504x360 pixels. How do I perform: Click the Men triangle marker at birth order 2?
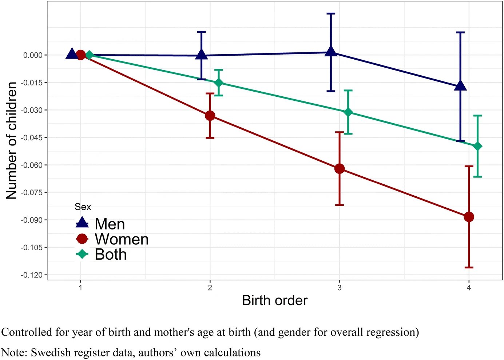tap(201, 55)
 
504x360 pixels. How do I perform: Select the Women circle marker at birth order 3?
tap(340, 169)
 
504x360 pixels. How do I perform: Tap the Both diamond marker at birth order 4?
tap(477, 146)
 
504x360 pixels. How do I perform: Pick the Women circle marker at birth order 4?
tap(469, 217)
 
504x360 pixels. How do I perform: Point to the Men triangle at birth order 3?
tap(331, 52)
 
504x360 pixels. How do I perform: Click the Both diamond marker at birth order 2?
tap(219, 83)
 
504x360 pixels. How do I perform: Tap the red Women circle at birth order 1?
tap(80, 55)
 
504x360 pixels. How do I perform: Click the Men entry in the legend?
tap(110, 224)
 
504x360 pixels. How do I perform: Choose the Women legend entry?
tap(122, 239)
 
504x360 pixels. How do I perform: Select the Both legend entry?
tap(111, 255)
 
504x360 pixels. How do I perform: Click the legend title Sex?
tap(83, 207)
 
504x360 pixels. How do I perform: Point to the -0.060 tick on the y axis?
tap(32, 165)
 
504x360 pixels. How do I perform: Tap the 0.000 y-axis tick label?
tap(33, 55)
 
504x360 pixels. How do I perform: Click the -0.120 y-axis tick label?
tap(32, 275)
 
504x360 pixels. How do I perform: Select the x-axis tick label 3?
tap(340, 288)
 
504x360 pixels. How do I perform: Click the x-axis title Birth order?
tap(275, 301)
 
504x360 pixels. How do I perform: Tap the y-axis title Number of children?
tap(12, 140)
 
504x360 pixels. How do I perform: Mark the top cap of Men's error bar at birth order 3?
tap(331, 14)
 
